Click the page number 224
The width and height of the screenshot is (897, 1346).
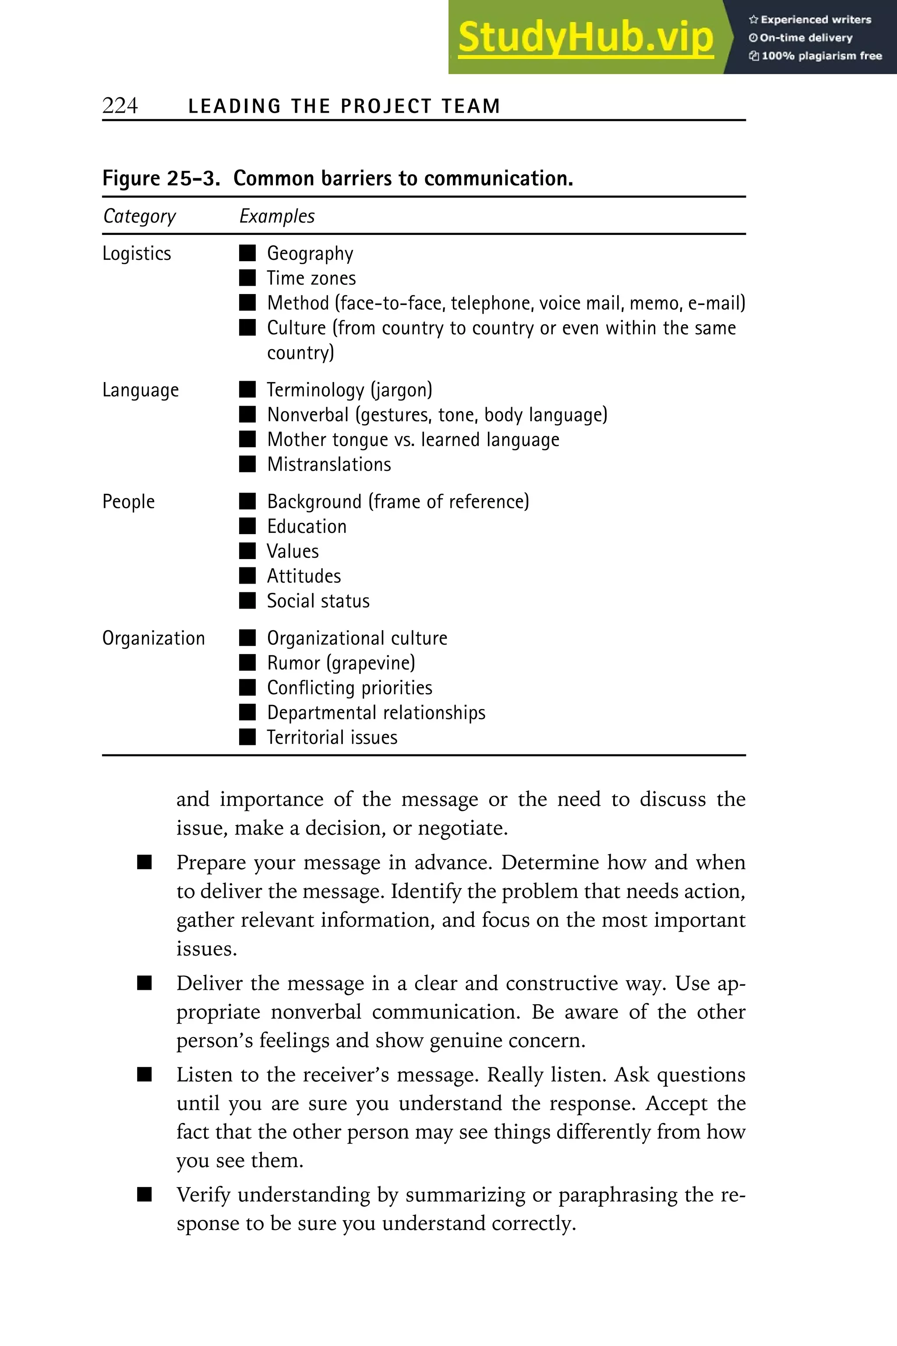(x=120, y=106)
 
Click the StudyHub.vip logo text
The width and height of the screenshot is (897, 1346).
(x=585, y=38)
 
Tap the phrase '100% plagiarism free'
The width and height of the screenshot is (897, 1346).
(x=821, y=56)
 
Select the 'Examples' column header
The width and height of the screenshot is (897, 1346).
(x=277, y=216)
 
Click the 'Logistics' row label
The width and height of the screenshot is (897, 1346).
(x=137, y=254)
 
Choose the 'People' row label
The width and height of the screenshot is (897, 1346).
(x=128, y=502)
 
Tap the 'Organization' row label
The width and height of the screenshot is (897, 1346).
(x=153, y=638)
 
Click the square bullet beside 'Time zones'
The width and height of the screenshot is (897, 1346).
(x=247, y=278)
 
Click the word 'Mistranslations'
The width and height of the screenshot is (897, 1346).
(x=329, y=464)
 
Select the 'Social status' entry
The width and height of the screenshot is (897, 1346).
(x=318, y=601)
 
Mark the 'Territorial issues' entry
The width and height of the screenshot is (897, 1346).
(x=332, y=737)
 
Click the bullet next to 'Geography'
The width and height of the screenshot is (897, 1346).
(x=247, y=253)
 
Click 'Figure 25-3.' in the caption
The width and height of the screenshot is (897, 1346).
(x=161, y=179)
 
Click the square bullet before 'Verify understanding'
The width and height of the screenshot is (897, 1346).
(x=145, y=1194)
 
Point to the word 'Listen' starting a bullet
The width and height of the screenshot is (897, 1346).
(x=204, y=1075)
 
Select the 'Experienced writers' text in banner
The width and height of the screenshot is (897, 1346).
(x=815, y=19)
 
